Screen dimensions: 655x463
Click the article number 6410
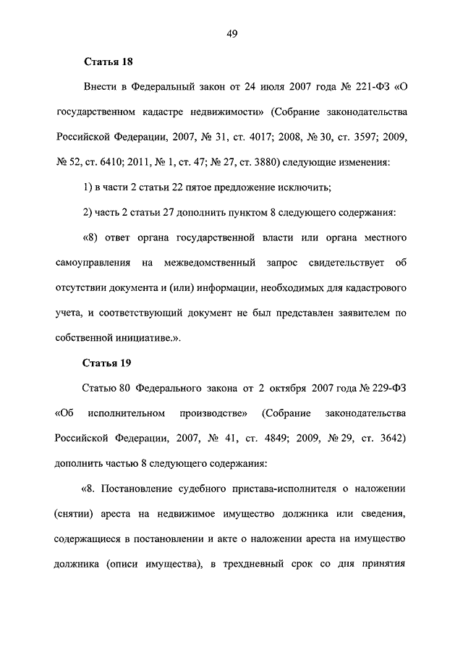pos(117,163)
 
